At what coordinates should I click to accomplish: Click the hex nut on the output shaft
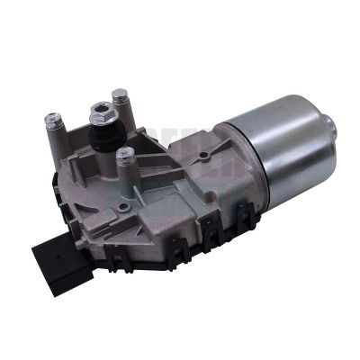(99, 114)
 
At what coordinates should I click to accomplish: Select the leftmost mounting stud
(53, 120)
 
